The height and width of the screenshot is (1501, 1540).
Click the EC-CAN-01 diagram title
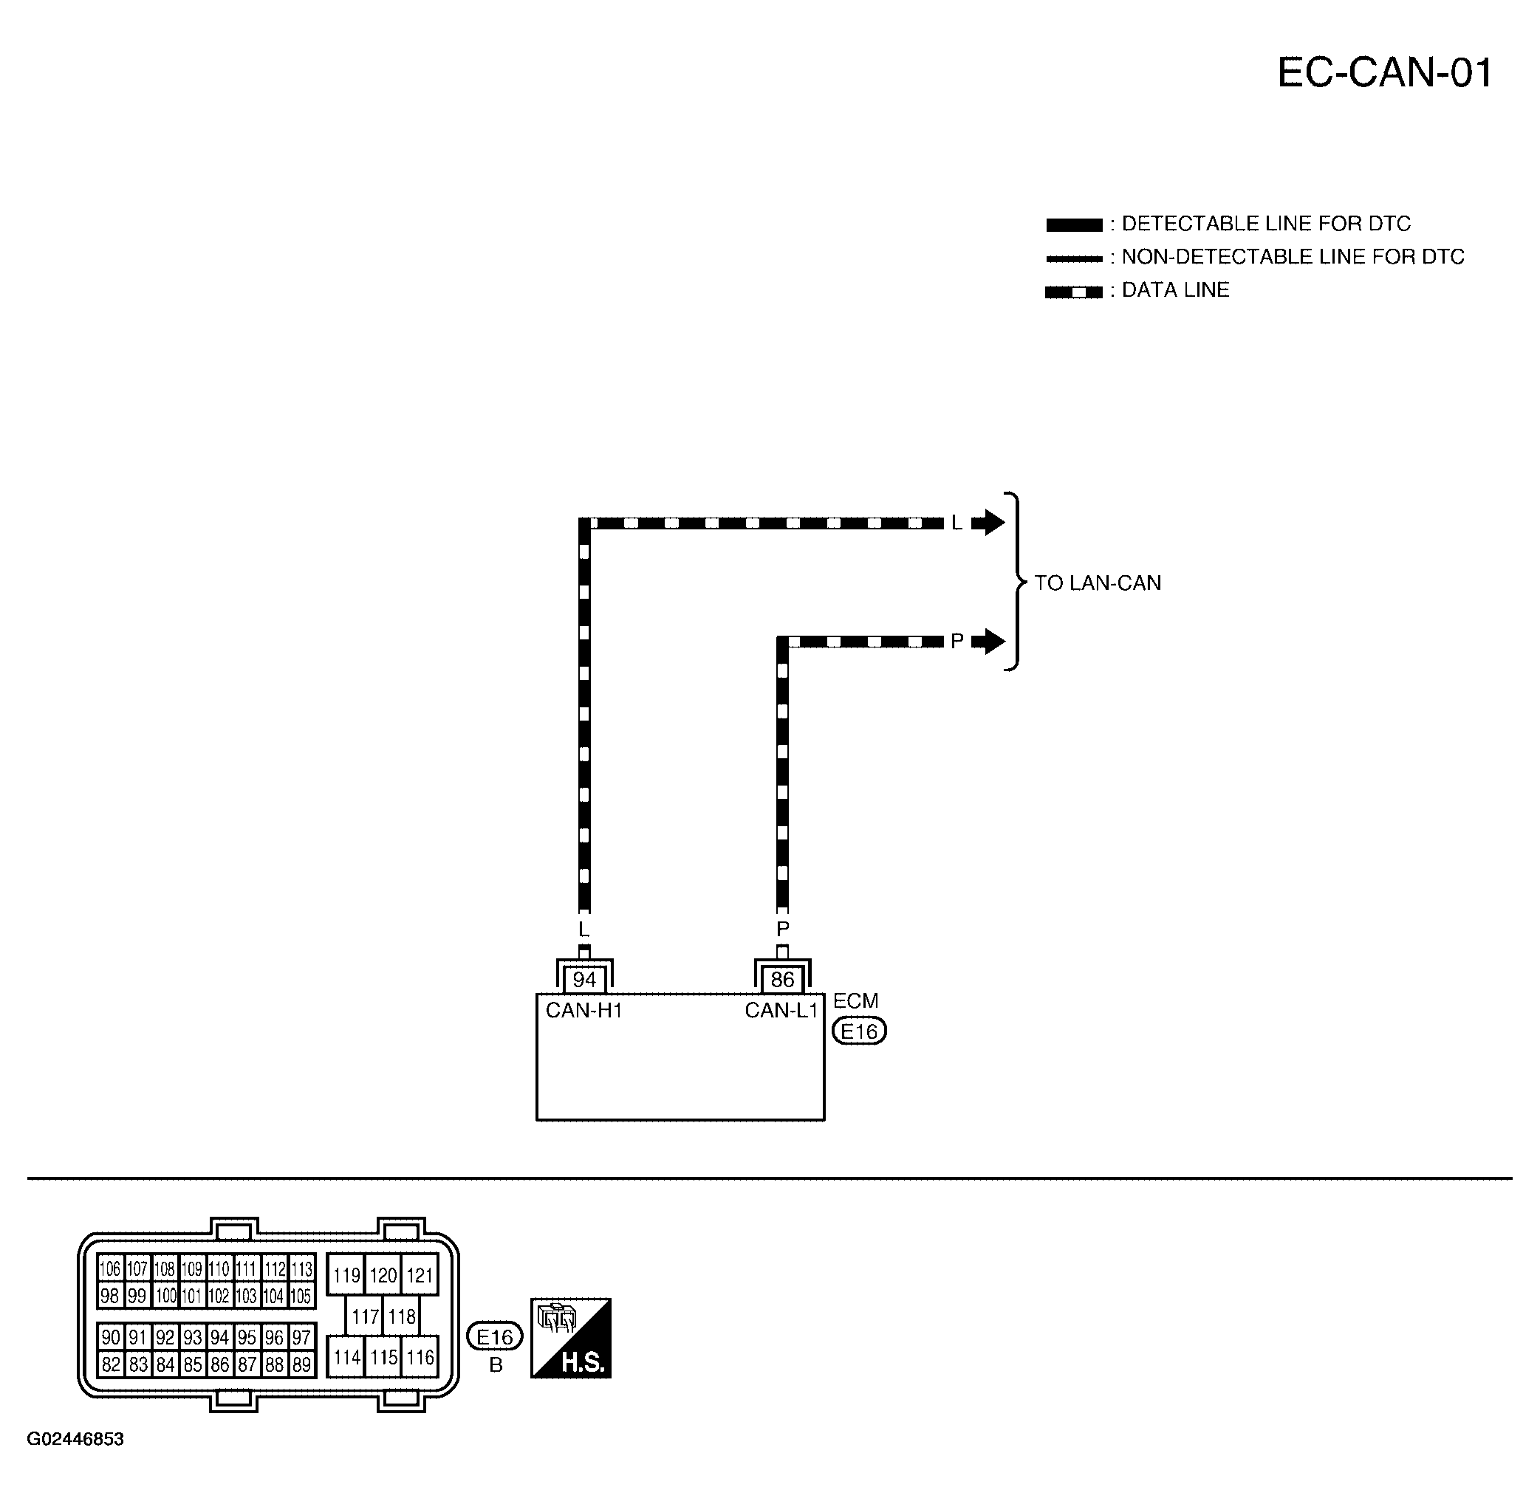click(1385, 73)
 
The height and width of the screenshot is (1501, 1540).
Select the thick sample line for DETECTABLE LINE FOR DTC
click(1074, 224)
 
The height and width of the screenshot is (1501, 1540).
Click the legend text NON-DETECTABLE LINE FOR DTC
click(1293, 257)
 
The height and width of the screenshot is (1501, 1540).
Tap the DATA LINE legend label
click(1175, 290)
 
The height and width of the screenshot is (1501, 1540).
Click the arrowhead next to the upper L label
click(989, 522)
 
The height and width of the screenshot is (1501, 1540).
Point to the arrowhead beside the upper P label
click(989, 641)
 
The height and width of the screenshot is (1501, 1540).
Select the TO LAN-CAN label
click(1098, 583)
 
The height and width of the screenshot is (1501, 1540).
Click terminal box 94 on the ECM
click(584, 979)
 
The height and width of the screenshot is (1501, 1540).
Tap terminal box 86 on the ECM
click(782, 979)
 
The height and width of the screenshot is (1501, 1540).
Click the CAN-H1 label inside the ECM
click(584, 1011)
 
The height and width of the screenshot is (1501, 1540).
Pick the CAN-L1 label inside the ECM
click(781, 1011)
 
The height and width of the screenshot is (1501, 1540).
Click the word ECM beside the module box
click(855, 1000)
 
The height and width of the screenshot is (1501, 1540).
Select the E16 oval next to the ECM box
click(860, 1031)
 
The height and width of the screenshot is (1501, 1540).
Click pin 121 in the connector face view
click(420, 1275)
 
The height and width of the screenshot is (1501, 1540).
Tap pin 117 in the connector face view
click(365, 1316)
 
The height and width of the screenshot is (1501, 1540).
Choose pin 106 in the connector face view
click(110, 1268)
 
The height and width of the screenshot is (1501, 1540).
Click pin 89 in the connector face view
click(301, 1364)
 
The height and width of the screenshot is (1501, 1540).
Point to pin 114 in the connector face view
click(346, 1357)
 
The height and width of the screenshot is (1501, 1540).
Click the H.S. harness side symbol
click(571, 1339)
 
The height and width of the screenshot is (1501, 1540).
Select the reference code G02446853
click(75, 1439)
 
